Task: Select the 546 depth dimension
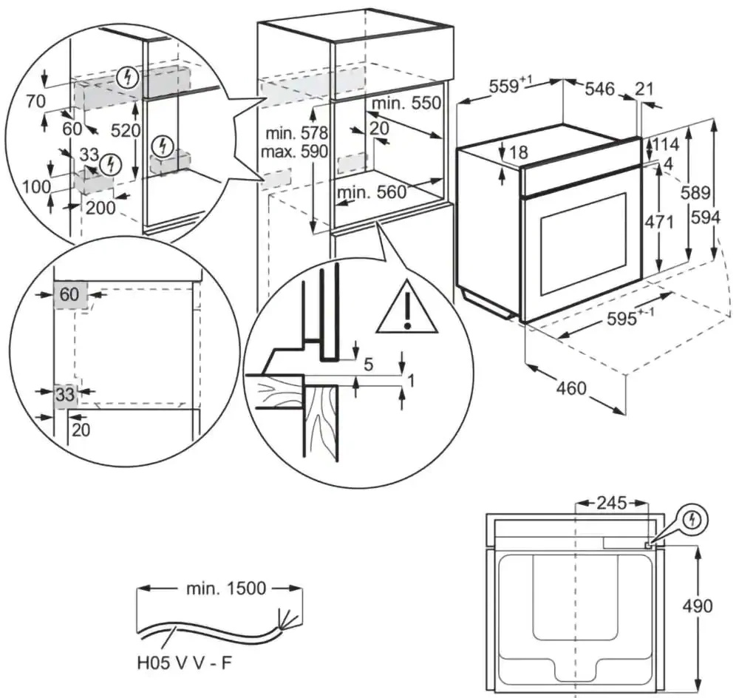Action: (599, 89)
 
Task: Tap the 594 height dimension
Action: (705, 217)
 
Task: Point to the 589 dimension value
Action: (695, 193)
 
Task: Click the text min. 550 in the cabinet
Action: (406, 103)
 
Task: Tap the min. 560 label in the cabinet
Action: (372, 193)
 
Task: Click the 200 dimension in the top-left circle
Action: (100, 207)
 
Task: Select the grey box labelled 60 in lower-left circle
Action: (69, 294)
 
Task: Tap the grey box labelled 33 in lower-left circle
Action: (66, 395)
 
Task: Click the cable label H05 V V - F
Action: (184, 660)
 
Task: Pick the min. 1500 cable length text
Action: (220, 589)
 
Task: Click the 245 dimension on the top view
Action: (611, 504)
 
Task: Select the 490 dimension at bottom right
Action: (698, 606)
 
